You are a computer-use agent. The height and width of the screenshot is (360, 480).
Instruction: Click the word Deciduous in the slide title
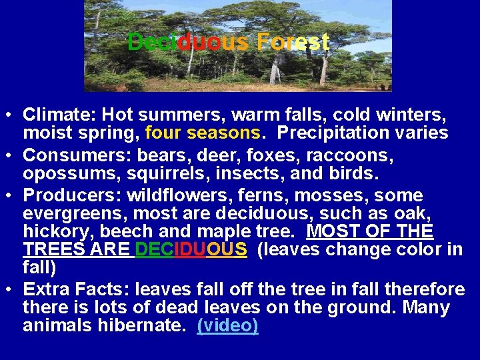coord(188,43)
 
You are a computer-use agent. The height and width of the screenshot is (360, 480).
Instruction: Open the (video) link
coord(227,326)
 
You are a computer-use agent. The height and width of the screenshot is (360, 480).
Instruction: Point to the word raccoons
coord(351,157)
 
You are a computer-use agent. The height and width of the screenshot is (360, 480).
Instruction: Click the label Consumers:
coord(77,157)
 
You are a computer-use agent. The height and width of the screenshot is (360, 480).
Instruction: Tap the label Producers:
coord(71,196)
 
